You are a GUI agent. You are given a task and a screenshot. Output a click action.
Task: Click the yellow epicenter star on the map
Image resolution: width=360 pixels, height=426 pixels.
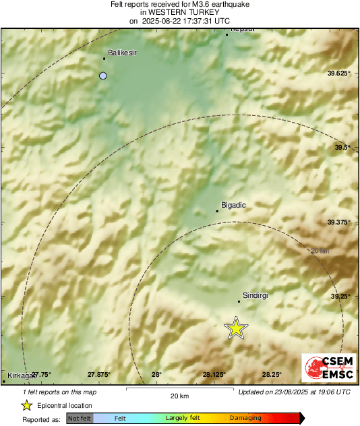[x=236, y=328]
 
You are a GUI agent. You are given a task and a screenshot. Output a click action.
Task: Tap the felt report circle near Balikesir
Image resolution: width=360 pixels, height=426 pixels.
[x=103, y=76]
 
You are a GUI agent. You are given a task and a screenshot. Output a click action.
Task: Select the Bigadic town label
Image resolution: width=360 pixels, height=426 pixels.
[x=234, y=204]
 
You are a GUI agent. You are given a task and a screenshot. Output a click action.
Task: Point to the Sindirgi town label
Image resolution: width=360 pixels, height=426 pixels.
[x=256, y=295]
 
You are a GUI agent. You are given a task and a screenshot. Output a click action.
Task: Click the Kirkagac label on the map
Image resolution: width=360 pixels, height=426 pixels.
[x=19, y=375]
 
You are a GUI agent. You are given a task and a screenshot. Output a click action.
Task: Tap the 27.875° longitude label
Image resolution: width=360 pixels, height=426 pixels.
[x=98, y=375]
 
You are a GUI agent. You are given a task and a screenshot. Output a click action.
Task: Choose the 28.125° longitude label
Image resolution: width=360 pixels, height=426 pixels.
[x=214, y=375]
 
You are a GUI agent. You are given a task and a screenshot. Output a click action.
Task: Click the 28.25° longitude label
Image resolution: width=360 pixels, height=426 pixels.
[x=272, y=375]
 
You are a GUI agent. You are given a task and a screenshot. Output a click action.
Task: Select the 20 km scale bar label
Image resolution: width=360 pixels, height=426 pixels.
[x=179, y=396]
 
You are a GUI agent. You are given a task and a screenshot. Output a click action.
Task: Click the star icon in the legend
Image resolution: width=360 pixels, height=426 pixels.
[x=26, y=406]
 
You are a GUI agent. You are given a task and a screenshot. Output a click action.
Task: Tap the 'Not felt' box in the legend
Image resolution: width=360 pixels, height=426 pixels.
[x=80, y=419]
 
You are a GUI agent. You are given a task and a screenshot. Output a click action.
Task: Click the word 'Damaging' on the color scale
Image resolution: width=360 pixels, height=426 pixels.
[x=245, y=419]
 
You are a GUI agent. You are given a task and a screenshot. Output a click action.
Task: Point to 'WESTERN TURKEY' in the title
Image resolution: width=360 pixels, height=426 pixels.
[x=181, y=12]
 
